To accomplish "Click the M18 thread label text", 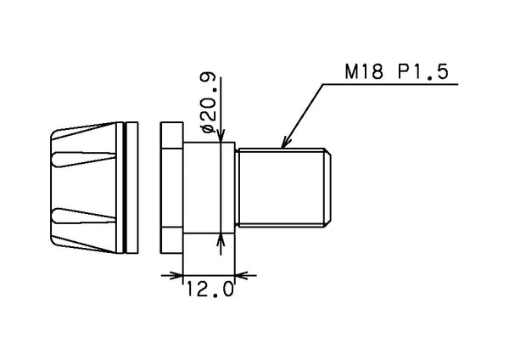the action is [x=364, y=72].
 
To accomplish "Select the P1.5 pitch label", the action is [x=422, y=72].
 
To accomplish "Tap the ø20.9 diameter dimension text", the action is [x=208, y=103].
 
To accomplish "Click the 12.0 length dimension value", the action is [x=210, y=290].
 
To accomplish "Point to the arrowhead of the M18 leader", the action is [x=286, y=143].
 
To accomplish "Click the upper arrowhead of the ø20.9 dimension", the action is [x=221, y=136].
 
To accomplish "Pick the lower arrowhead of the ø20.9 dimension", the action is [x=221, y=239].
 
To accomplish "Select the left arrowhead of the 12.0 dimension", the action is [x=176, y=276].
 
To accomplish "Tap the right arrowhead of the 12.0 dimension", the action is [x=242, y=276].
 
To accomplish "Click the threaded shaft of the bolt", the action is [x=281, y=188].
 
